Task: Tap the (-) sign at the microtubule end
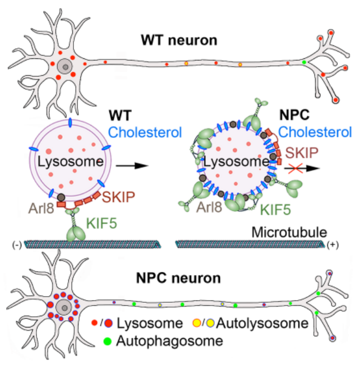pyautogui.click(x=16, y=245)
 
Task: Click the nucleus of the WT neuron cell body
pyautogui.click(x=66, y=68)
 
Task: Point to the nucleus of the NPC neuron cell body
pyautogui.click(x=66, y=306)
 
